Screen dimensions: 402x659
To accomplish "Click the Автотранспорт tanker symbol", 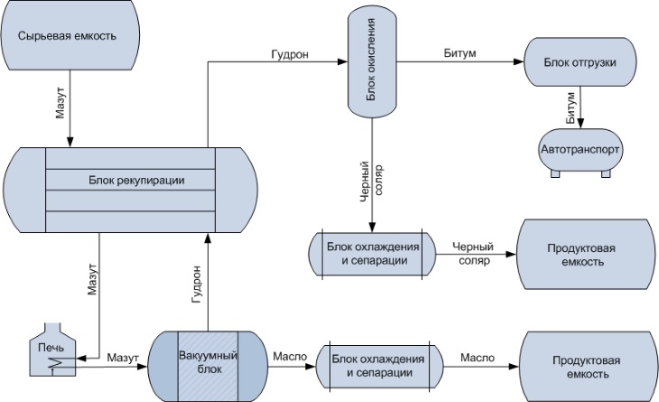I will (x=581, y=148).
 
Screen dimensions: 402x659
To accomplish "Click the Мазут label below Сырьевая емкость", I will (x=60, y=100).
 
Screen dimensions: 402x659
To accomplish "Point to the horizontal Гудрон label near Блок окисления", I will (x=290, y=54).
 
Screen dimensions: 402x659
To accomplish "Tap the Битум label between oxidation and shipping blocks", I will (x=455, y=54).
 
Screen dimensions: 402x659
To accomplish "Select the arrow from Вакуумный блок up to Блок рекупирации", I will (x=208, y=280).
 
